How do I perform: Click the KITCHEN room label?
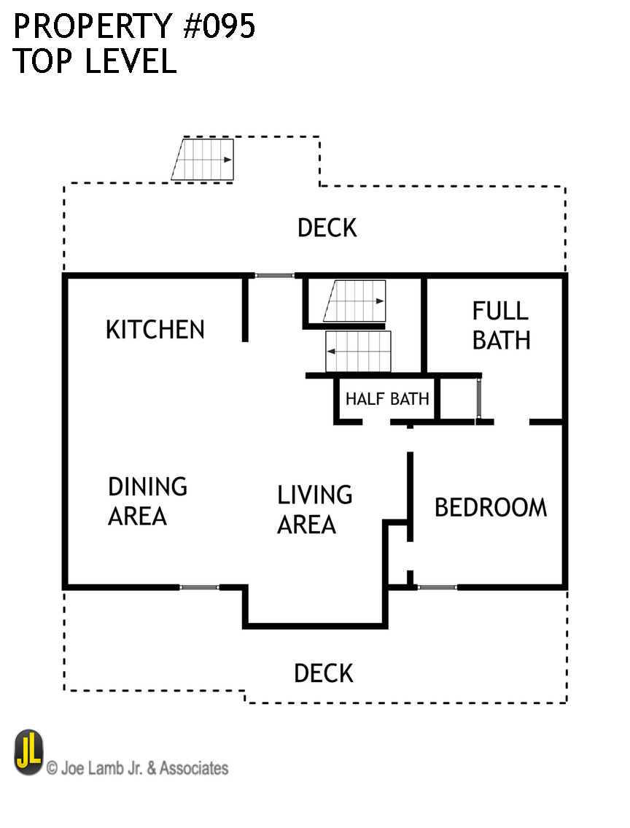[x=155, y=330]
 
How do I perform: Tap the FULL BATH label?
[x=501, y=325]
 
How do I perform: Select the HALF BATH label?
[x=387, y=399]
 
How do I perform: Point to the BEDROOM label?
[x=491, y=507]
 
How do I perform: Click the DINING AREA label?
[x=147, y=501]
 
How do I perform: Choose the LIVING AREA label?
[x=314, y=509]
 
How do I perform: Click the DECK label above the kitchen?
[x=327, y=228]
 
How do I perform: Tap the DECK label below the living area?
[x=324, y=673]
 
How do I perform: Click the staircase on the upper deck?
[x=204, y=160]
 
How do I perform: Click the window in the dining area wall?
[x=199, y=587]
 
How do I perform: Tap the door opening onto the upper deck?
[x=274, y=275]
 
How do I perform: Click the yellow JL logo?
[x=29, y=753]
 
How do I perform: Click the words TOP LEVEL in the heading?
[x=95, y=62]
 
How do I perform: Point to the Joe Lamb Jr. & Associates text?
[x=138, y=767]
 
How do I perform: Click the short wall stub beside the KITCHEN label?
[x=246, y=309]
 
